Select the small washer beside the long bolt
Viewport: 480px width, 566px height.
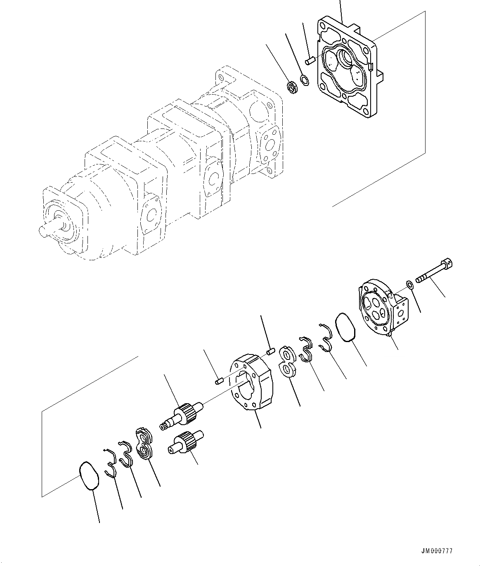coord(409,284)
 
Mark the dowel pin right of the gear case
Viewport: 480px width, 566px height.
coord(271,352)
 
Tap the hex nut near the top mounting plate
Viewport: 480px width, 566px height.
coord(291,88)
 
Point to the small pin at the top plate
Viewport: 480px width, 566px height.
coord(310,61)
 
